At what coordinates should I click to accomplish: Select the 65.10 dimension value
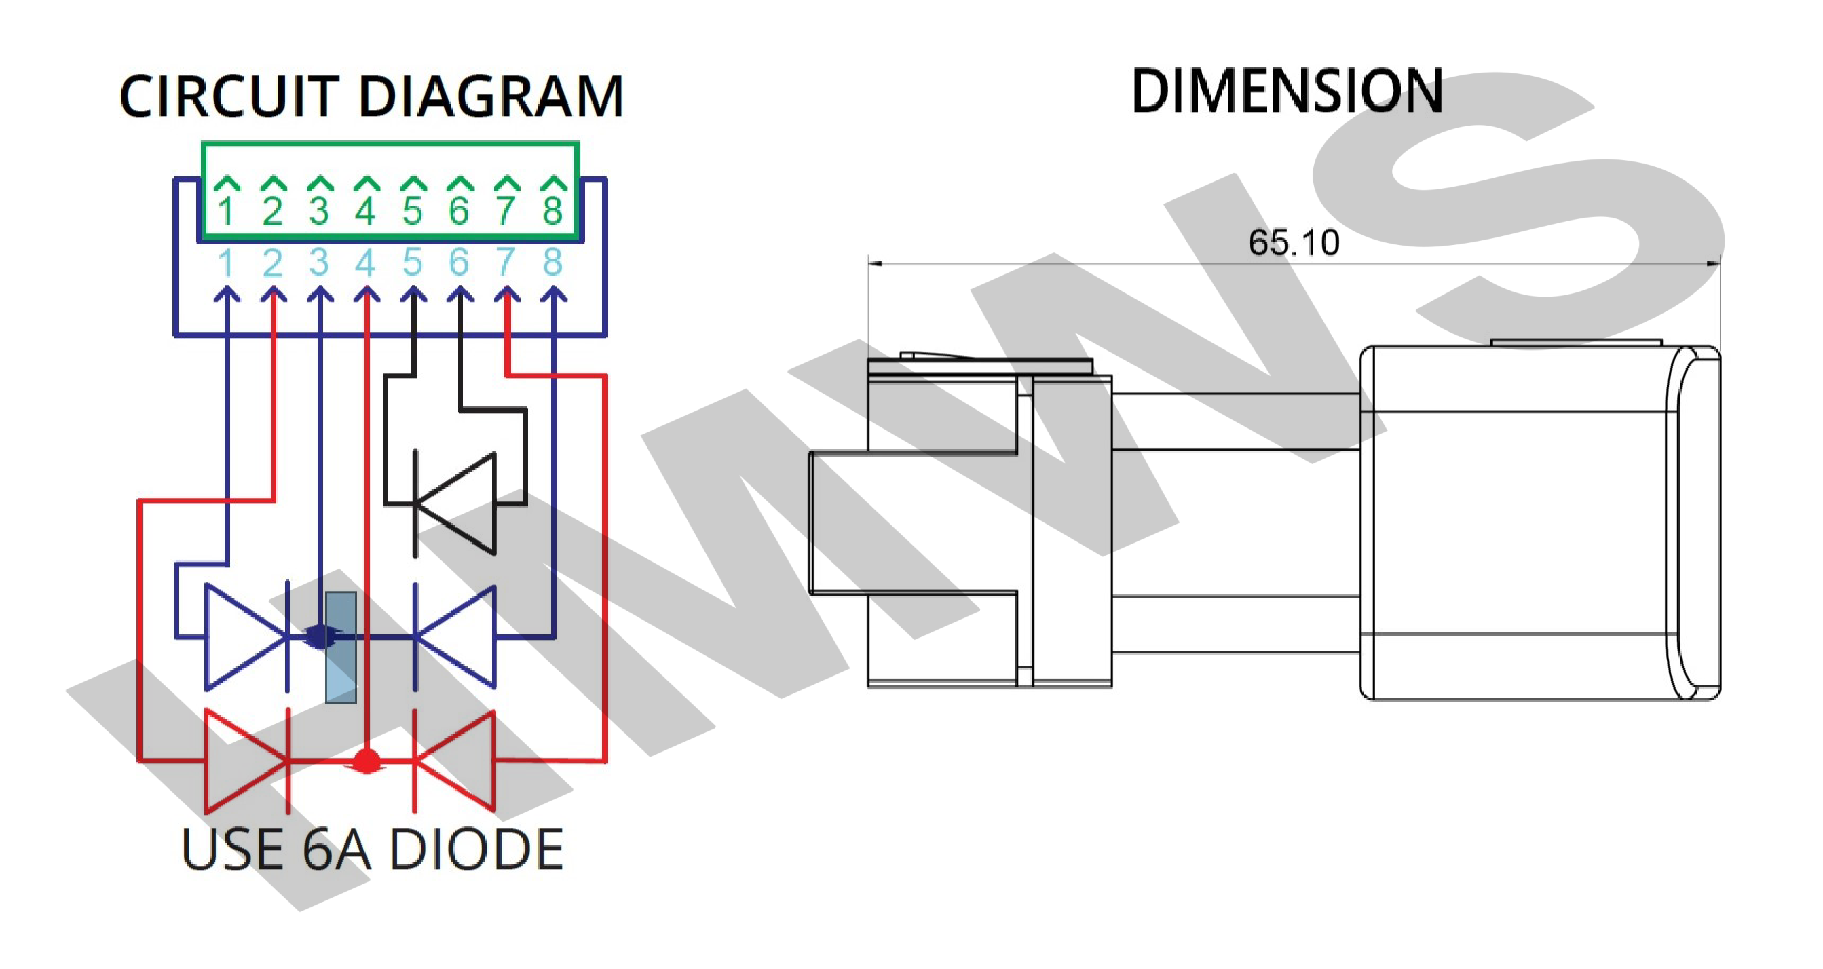point(1293,243)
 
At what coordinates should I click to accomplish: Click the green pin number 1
point(227,211)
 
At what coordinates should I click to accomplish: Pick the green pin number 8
point(552,211)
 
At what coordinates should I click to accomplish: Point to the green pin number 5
point(413,211)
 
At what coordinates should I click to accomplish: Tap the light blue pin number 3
point(319,263)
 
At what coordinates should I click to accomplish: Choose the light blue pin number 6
point(459,263)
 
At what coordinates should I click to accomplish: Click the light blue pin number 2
point(272,263)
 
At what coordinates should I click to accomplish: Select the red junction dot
point(366,761)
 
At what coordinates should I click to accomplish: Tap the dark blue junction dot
point(320,636)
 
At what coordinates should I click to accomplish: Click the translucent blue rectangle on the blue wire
point(341,647)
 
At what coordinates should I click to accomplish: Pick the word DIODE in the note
point(476,850)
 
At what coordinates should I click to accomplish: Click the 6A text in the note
point(336,850)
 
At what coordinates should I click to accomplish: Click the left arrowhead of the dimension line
point(875,264)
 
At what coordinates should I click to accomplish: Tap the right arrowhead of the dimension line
point(1713,264)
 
